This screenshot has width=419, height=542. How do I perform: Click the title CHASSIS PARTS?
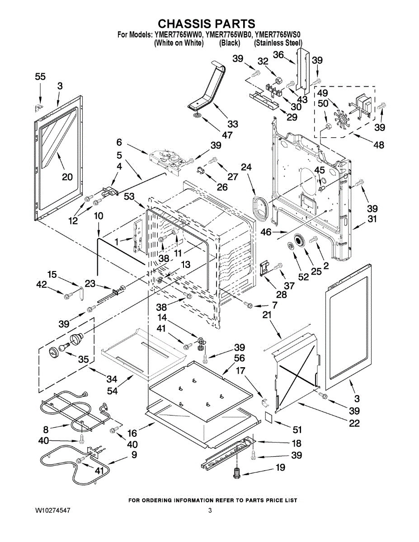pyautogui.click(x=207, y=23)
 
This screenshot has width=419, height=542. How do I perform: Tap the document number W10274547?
pyautogui.click(x=53, y=510)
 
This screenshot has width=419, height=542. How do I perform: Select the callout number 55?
pyautogui.click(x=40, y=77)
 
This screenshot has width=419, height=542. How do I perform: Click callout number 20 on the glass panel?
pyautogui.click(x=67, y=177)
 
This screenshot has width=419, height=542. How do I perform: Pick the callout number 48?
pyautogui.click(x=379, y=145)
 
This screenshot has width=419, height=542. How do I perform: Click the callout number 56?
pyautogui.click(x=239, y=358)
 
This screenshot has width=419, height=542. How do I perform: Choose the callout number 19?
pyautogui.click(x=280, y=467)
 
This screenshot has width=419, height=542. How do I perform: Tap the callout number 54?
pyautogui.click(x=112, y=391)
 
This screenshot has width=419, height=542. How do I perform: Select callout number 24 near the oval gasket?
pyautogui.click(x=246, y=167)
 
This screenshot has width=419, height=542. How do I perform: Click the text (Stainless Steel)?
pyautogui.click(x=278, y=43)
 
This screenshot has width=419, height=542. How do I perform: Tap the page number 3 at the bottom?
pyautogui.click(x=210, y=510)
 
